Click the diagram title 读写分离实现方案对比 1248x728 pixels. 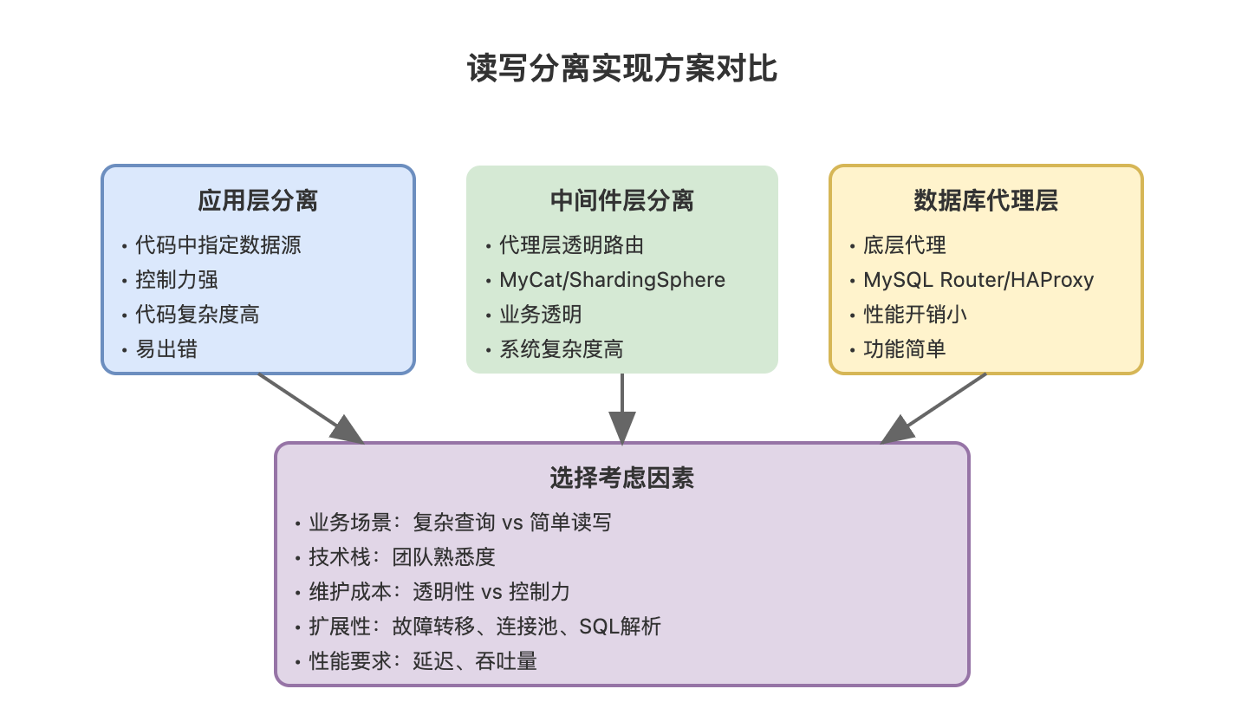[622, 68]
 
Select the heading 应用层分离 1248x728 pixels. [257, 201]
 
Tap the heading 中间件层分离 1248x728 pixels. [622, 201]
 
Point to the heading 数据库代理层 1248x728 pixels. [985, 201]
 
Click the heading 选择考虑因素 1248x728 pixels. [622, 478]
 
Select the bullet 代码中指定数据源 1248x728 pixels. [218, 245]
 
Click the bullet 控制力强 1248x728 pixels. [177, 280]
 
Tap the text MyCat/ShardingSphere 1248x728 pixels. [612, 280]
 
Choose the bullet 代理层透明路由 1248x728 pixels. [571, 245]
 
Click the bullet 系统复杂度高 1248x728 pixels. [561, 349]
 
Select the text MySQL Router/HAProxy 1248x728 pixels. [978, 280]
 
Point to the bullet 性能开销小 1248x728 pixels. [915, 315]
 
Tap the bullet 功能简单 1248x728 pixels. [905, 349]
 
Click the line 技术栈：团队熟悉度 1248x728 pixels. [402, 557]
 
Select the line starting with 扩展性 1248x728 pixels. [484, 627]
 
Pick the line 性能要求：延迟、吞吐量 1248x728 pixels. [423, 661]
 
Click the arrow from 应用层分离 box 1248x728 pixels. [309, 407]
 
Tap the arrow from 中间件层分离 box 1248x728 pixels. [622, 407]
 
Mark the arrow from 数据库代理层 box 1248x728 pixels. [934, 407]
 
